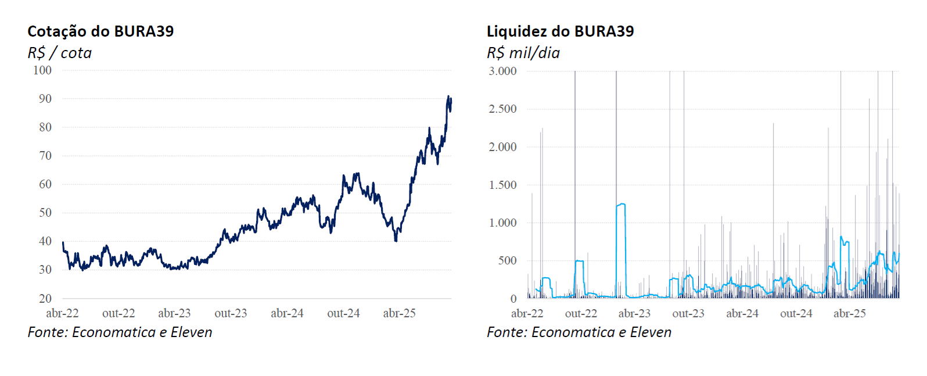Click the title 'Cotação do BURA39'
point(100,31)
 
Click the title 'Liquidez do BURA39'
point(560,31)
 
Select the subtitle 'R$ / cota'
point(59,53)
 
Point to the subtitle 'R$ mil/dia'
point(523,53)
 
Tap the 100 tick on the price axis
point(42,70)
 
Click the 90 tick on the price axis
point(45,99)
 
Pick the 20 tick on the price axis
point(45,299)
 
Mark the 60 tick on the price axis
point(45,184)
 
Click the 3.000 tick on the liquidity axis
point(502,71)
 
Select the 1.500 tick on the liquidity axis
point(502,185)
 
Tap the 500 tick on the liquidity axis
point(507,260)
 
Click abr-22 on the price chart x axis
point(62,313)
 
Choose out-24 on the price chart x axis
point(343,313)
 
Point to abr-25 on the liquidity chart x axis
point(849,313)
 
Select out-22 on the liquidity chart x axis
point(581,313)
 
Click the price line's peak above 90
point(448,96)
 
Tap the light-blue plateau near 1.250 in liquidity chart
point(621,204)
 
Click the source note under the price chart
point(120,332)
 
